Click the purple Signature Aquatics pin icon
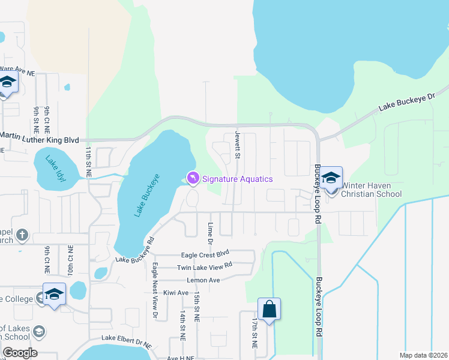tap(193, 178)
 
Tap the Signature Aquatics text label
tap(237, 179)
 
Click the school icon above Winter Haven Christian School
tap(331, 178)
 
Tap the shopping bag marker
tap(270, 310)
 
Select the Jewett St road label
tap(238, 145)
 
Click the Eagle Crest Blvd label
tap(206, 254)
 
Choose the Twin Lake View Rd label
tap(204, 267)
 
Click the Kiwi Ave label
tap(175, 293)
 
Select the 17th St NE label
tap(255, 334)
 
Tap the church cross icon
tap(22, 235)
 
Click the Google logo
tap(20, 353)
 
